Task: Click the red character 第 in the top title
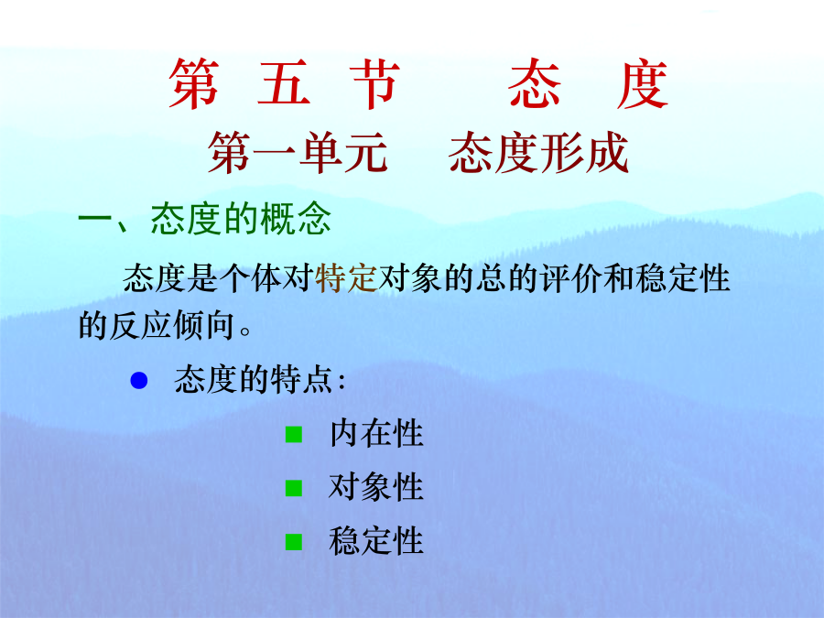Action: (x=194, y=84)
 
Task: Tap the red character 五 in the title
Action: (x=284, y=83)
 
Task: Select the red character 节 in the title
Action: (x=375, y=84)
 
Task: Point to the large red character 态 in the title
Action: (x=535, y=83)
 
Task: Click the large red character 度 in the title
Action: (x=642, y=84)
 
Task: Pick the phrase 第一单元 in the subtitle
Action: (x=298, y=153)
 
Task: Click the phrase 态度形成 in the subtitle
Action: (x=538, y=153)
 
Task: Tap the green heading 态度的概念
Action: (x=241, y=219)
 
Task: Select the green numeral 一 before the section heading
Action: (x=95, y=219)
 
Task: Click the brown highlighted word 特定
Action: (x=346, y=278)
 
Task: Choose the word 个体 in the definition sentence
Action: (x=250, y=278)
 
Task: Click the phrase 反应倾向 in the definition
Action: (x=172, y=325)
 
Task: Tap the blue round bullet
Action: (x=139, y=381)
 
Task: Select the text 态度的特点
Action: (x=254, y=379)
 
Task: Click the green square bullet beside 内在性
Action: (x=294, y=435)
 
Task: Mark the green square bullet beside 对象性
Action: (x=294, y=488)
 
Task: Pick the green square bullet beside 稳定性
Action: (x=294, y=542)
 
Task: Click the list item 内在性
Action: (x=376, y=434)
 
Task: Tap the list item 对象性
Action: (x=376, y=487)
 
